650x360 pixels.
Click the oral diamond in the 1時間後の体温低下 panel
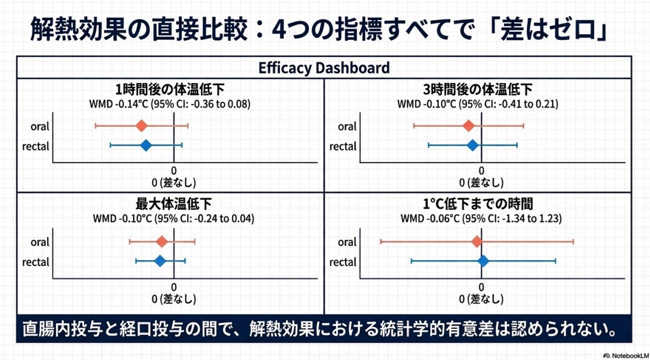pyautogui.click(x=141, y=126)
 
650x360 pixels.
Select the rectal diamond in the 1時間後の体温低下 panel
pyautogui.click(x=146, y=145)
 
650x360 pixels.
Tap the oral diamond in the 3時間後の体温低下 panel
pyautogui.click(x=469, y=126)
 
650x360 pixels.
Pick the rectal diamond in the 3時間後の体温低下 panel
pyautogui.click(x=473, y=145)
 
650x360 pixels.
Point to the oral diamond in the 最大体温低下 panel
pyautogui.click(x=162, y=242)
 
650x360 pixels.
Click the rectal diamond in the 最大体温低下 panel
pyautogui.click(x=160, y=261)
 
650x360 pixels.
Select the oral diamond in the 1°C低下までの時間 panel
pyautogui.click(x=476, y=242)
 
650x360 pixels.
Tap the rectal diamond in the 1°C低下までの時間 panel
pyautogui.click(x=483, y=261)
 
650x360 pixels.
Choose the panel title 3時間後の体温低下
pyautogui.click(x=477, y=90)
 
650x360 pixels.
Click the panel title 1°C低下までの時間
pyautogui.click(x=477, y=204)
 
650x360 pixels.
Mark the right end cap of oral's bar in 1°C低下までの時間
pyautogui.click(x=573, y=242)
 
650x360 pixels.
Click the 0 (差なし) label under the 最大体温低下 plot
pyautogui.click(x=174, y=299)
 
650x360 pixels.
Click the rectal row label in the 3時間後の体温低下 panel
pyautogui.click(x=343, y=147)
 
